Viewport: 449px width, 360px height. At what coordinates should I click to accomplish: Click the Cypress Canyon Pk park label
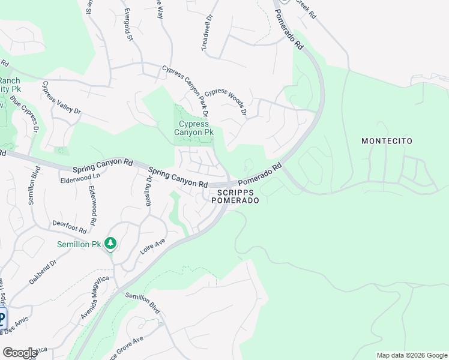[x=193, y=128]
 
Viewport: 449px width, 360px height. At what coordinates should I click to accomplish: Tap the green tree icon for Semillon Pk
[x=110, y=243]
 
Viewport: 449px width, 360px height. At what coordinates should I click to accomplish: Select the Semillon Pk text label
[x=79, y=244]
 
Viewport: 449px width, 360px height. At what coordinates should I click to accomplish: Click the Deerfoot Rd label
[x=70, y=226]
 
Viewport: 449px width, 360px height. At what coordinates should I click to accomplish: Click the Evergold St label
[x=128, y=25]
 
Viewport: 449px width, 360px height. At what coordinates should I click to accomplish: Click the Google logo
[x=20, y=353]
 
